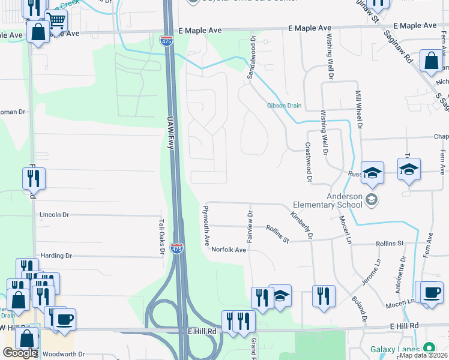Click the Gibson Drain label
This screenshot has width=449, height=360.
click(x=285, y=106)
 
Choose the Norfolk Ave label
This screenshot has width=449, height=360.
click(x=229, y=250)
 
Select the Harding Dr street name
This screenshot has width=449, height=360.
click(x=55, y=256)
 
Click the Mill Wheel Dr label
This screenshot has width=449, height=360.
click(x=359, y=110)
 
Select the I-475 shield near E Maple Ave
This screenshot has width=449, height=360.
click(x=166, y=40)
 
